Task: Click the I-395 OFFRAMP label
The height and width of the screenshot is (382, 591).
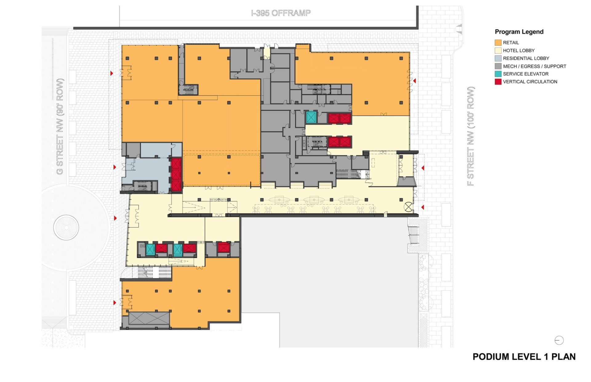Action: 281,13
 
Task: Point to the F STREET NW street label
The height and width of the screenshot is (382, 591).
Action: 471,136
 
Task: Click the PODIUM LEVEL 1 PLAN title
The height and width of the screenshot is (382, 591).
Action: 524,357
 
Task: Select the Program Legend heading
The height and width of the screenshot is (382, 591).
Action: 519,32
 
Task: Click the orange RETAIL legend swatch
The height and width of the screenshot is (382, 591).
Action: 498,42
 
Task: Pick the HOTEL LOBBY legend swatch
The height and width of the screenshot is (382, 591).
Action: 498,50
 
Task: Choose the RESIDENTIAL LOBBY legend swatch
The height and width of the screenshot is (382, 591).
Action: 498,58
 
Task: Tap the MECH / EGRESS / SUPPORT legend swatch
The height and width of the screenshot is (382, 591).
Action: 498,66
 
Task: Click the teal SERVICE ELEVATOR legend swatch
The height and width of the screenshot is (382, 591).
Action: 498,74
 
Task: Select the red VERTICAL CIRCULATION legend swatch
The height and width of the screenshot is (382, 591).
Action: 498,82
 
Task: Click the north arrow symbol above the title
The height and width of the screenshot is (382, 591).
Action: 559,340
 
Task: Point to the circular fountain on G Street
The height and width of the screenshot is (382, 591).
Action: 66,227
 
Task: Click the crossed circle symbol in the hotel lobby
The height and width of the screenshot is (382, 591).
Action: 408,207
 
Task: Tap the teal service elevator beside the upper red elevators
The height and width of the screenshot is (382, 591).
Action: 311,117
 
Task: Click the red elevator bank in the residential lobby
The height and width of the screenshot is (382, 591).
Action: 176,175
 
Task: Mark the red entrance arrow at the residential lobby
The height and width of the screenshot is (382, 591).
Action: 115,167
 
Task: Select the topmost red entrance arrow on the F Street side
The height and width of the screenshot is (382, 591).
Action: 415,81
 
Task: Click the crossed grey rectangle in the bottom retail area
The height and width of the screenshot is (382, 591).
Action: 149,318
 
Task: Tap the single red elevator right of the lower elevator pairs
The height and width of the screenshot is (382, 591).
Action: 223,248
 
